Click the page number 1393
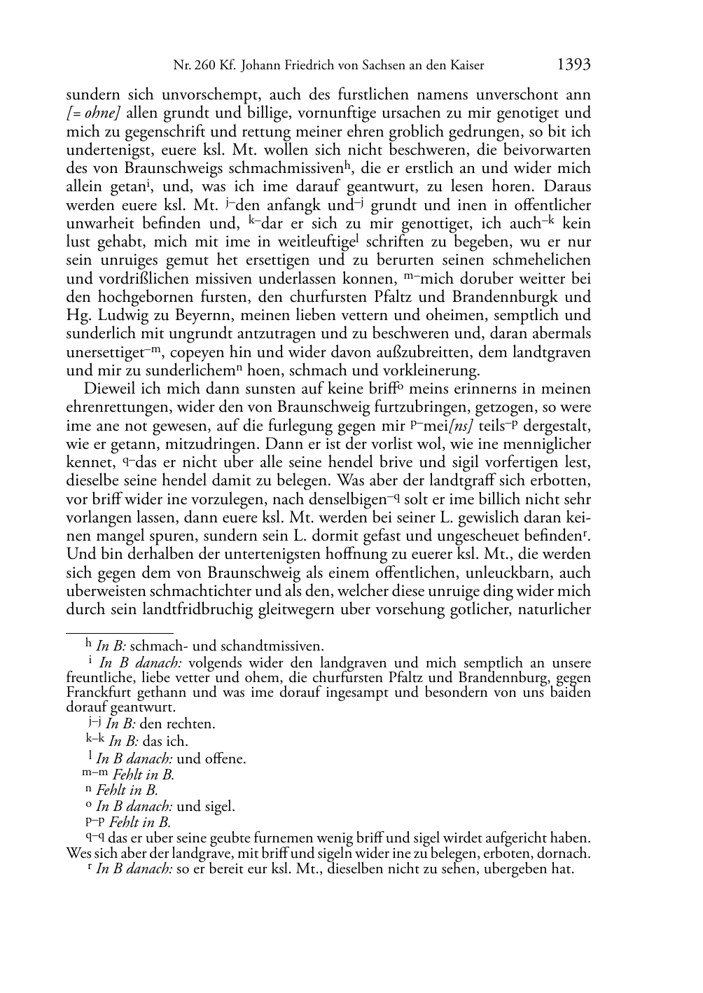tap(573, 65)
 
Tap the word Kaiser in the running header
tap(467, 66)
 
